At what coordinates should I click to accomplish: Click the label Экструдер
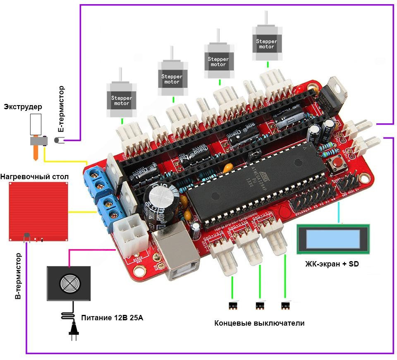(x=23, y=107)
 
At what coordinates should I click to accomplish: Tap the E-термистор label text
(x=61, y=109)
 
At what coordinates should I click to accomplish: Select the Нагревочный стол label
(x=34, y=177)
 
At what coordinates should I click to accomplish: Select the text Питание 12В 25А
(x=115, y=318)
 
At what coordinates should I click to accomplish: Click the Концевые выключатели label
(x=259, y=323)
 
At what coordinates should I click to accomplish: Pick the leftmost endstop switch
(x=232, y=306)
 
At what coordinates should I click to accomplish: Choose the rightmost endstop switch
(x=285, y=306)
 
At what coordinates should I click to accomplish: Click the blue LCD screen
(x=333, y=239)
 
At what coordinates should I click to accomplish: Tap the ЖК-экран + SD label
(x=332, y=264)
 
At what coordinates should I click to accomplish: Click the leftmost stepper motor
(x=122, y=97)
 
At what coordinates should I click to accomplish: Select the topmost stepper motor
(x=267, y=41)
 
